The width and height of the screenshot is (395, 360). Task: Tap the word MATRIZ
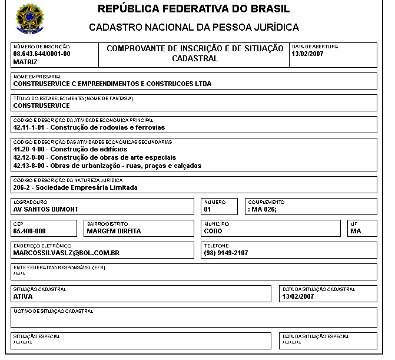coord(25,61)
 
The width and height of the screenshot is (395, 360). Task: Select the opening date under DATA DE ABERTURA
coord(307,54)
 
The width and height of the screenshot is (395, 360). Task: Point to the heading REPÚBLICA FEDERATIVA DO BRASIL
coord(194,10)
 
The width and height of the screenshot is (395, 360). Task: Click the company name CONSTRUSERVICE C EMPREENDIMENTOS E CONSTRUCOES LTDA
coord(112,84)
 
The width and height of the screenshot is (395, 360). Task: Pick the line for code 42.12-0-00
coord(94,157)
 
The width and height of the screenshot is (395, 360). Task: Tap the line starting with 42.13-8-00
coord(107,166)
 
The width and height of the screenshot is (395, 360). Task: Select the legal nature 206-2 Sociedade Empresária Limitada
coord(75,187)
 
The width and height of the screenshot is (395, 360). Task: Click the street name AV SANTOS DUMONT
coord(46,209)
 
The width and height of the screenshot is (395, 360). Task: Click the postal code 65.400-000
coord(29,231)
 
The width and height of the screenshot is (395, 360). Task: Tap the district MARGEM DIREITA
coord(114,231)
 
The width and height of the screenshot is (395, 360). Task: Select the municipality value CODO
coord(214,231)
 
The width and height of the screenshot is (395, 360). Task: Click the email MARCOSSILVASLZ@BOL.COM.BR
coord(67,253)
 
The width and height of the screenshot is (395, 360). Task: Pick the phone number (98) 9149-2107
coord(226,253)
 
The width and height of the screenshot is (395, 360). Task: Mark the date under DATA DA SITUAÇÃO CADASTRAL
coord(298,296)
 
